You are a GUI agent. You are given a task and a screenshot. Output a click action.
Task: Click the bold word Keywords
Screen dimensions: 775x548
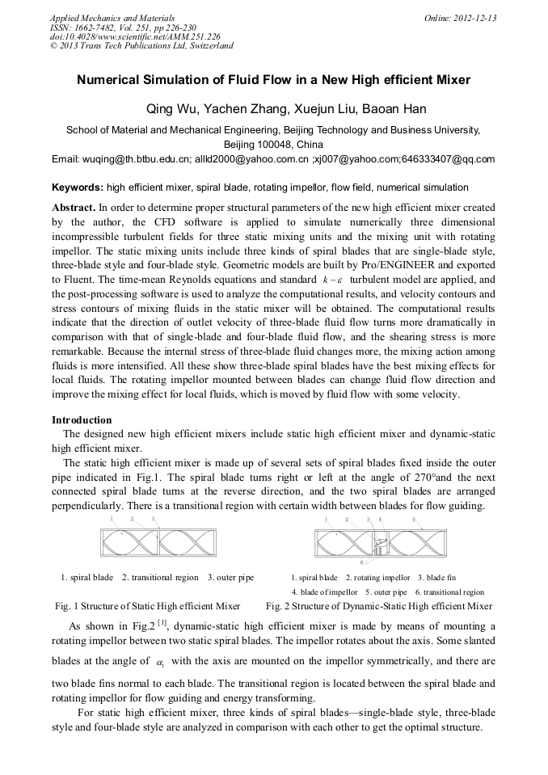[x=78, y=187]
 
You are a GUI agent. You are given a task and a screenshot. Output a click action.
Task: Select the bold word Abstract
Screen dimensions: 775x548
[x=74, y=207]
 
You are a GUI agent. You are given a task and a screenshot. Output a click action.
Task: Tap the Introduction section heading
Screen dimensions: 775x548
[x=82, y=420]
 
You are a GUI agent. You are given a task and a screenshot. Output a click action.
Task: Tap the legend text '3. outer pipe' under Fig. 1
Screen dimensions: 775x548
[x=230, y=578]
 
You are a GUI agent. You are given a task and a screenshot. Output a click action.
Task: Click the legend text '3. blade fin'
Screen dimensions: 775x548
[x=436, y=578]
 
